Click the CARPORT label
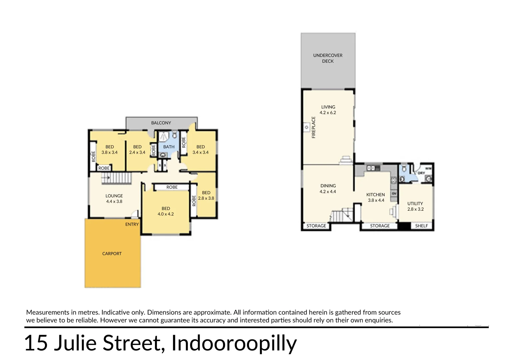(112, 254)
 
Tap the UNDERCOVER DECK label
(328, 58)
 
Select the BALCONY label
(161, 123)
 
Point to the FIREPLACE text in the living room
(313, 127)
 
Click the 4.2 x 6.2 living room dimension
(328, 113)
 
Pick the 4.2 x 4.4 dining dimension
(328, 192)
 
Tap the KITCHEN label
(375, 195)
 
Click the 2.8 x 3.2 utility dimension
(415, 209)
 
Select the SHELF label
(421, 226)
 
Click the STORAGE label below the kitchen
(380, 226)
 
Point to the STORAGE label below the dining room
(316, 226)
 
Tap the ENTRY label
(132, 224)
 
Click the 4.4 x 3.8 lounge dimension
(114, 202)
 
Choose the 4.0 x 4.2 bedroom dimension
(166, 214)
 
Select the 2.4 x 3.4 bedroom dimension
(137, 153)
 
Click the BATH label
(169, 147)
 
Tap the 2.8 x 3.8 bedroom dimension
(206, 198)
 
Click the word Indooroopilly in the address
(234, 343)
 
